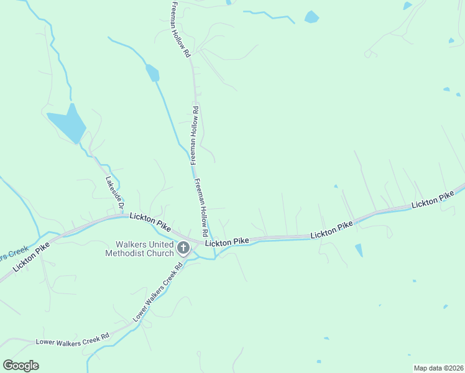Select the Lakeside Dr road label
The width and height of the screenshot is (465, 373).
click(x=114, y=195)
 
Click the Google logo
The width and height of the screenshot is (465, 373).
click(x=21, y=366)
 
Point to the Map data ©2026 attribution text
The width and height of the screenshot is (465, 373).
click(x=438, y=368)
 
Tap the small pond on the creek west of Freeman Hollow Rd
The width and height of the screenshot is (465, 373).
click(x=152, y=73)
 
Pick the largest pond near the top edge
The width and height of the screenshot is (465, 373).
click(x=311, y=17)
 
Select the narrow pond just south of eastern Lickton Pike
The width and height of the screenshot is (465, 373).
click(x=359, y=250)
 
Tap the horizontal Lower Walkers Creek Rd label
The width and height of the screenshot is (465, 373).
click(x=72, y=339)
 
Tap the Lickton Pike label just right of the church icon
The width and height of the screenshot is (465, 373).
click(x=227, y=241)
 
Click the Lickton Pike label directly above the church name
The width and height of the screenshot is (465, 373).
click(x=150, y=222)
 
